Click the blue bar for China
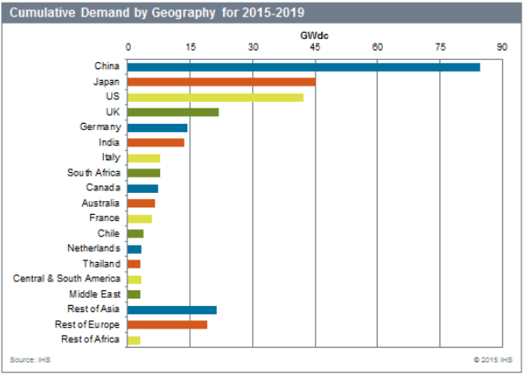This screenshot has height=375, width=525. (x=304, y=67)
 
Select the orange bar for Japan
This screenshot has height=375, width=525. (x=221, y=82)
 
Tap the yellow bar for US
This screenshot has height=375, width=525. (x=216, y=97)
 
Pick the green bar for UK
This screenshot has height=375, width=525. (x=173, y=113)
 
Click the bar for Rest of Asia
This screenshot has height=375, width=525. (x=172, y=310)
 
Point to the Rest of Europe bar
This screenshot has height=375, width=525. (x=167, y=325)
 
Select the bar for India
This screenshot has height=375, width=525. (x=156, y=143)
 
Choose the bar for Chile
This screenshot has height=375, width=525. (x=136, y=234)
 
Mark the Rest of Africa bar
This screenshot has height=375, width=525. (x=134, y=340)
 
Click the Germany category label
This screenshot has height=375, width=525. (x=100, y=127)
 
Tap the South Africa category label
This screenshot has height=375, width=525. (x=94, y=173)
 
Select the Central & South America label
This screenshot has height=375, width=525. (x=66, y=279)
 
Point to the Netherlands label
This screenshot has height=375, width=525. (x=94, y=248)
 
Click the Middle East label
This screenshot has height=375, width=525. (x=95, y=294)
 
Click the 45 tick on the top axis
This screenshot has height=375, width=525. (x=315, y=47)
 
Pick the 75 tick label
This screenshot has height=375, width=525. (x=440, y=47)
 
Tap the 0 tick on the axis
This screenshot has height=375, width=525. (x=128, y=47)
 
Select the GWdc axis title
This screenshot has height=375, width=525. (x=315, y=35)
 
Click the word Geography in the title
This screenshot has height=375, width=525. (x=184, y=13)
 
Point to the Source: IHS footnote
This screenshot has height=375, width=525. (x=30, y=360)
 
